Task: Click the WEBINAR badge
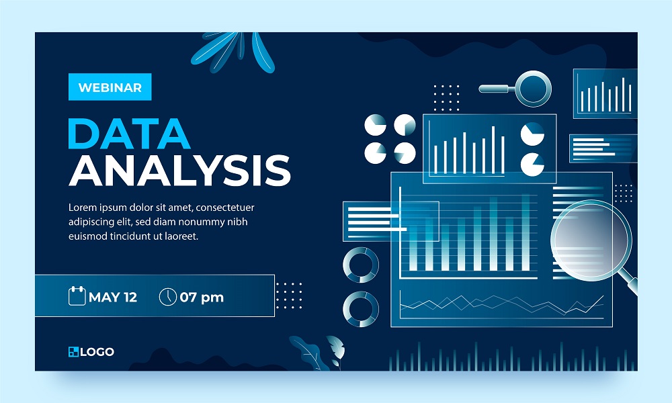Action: (x=110, y=87)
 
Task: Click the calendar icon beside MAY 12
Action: (x=77, y=296)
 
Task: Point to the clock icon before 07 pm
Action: (x=167, y=296)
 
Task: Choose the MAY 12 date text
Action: (x=113, y=297)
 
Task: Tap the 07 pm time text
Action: (x=202, y=297)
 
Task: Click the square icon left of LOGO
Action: (x=73, y=351)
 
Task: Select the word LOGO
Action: (x=97, y=351)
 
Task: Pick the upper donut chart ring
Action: (x=361, y=265)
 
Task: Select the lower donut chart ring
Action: (x=361, y=308)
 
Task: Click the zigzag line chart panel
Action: (x=501, y=306)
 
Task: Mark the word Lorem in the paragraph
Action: (x=83, y=207)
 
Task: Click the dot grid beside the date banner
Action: (x=289, y=296)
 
